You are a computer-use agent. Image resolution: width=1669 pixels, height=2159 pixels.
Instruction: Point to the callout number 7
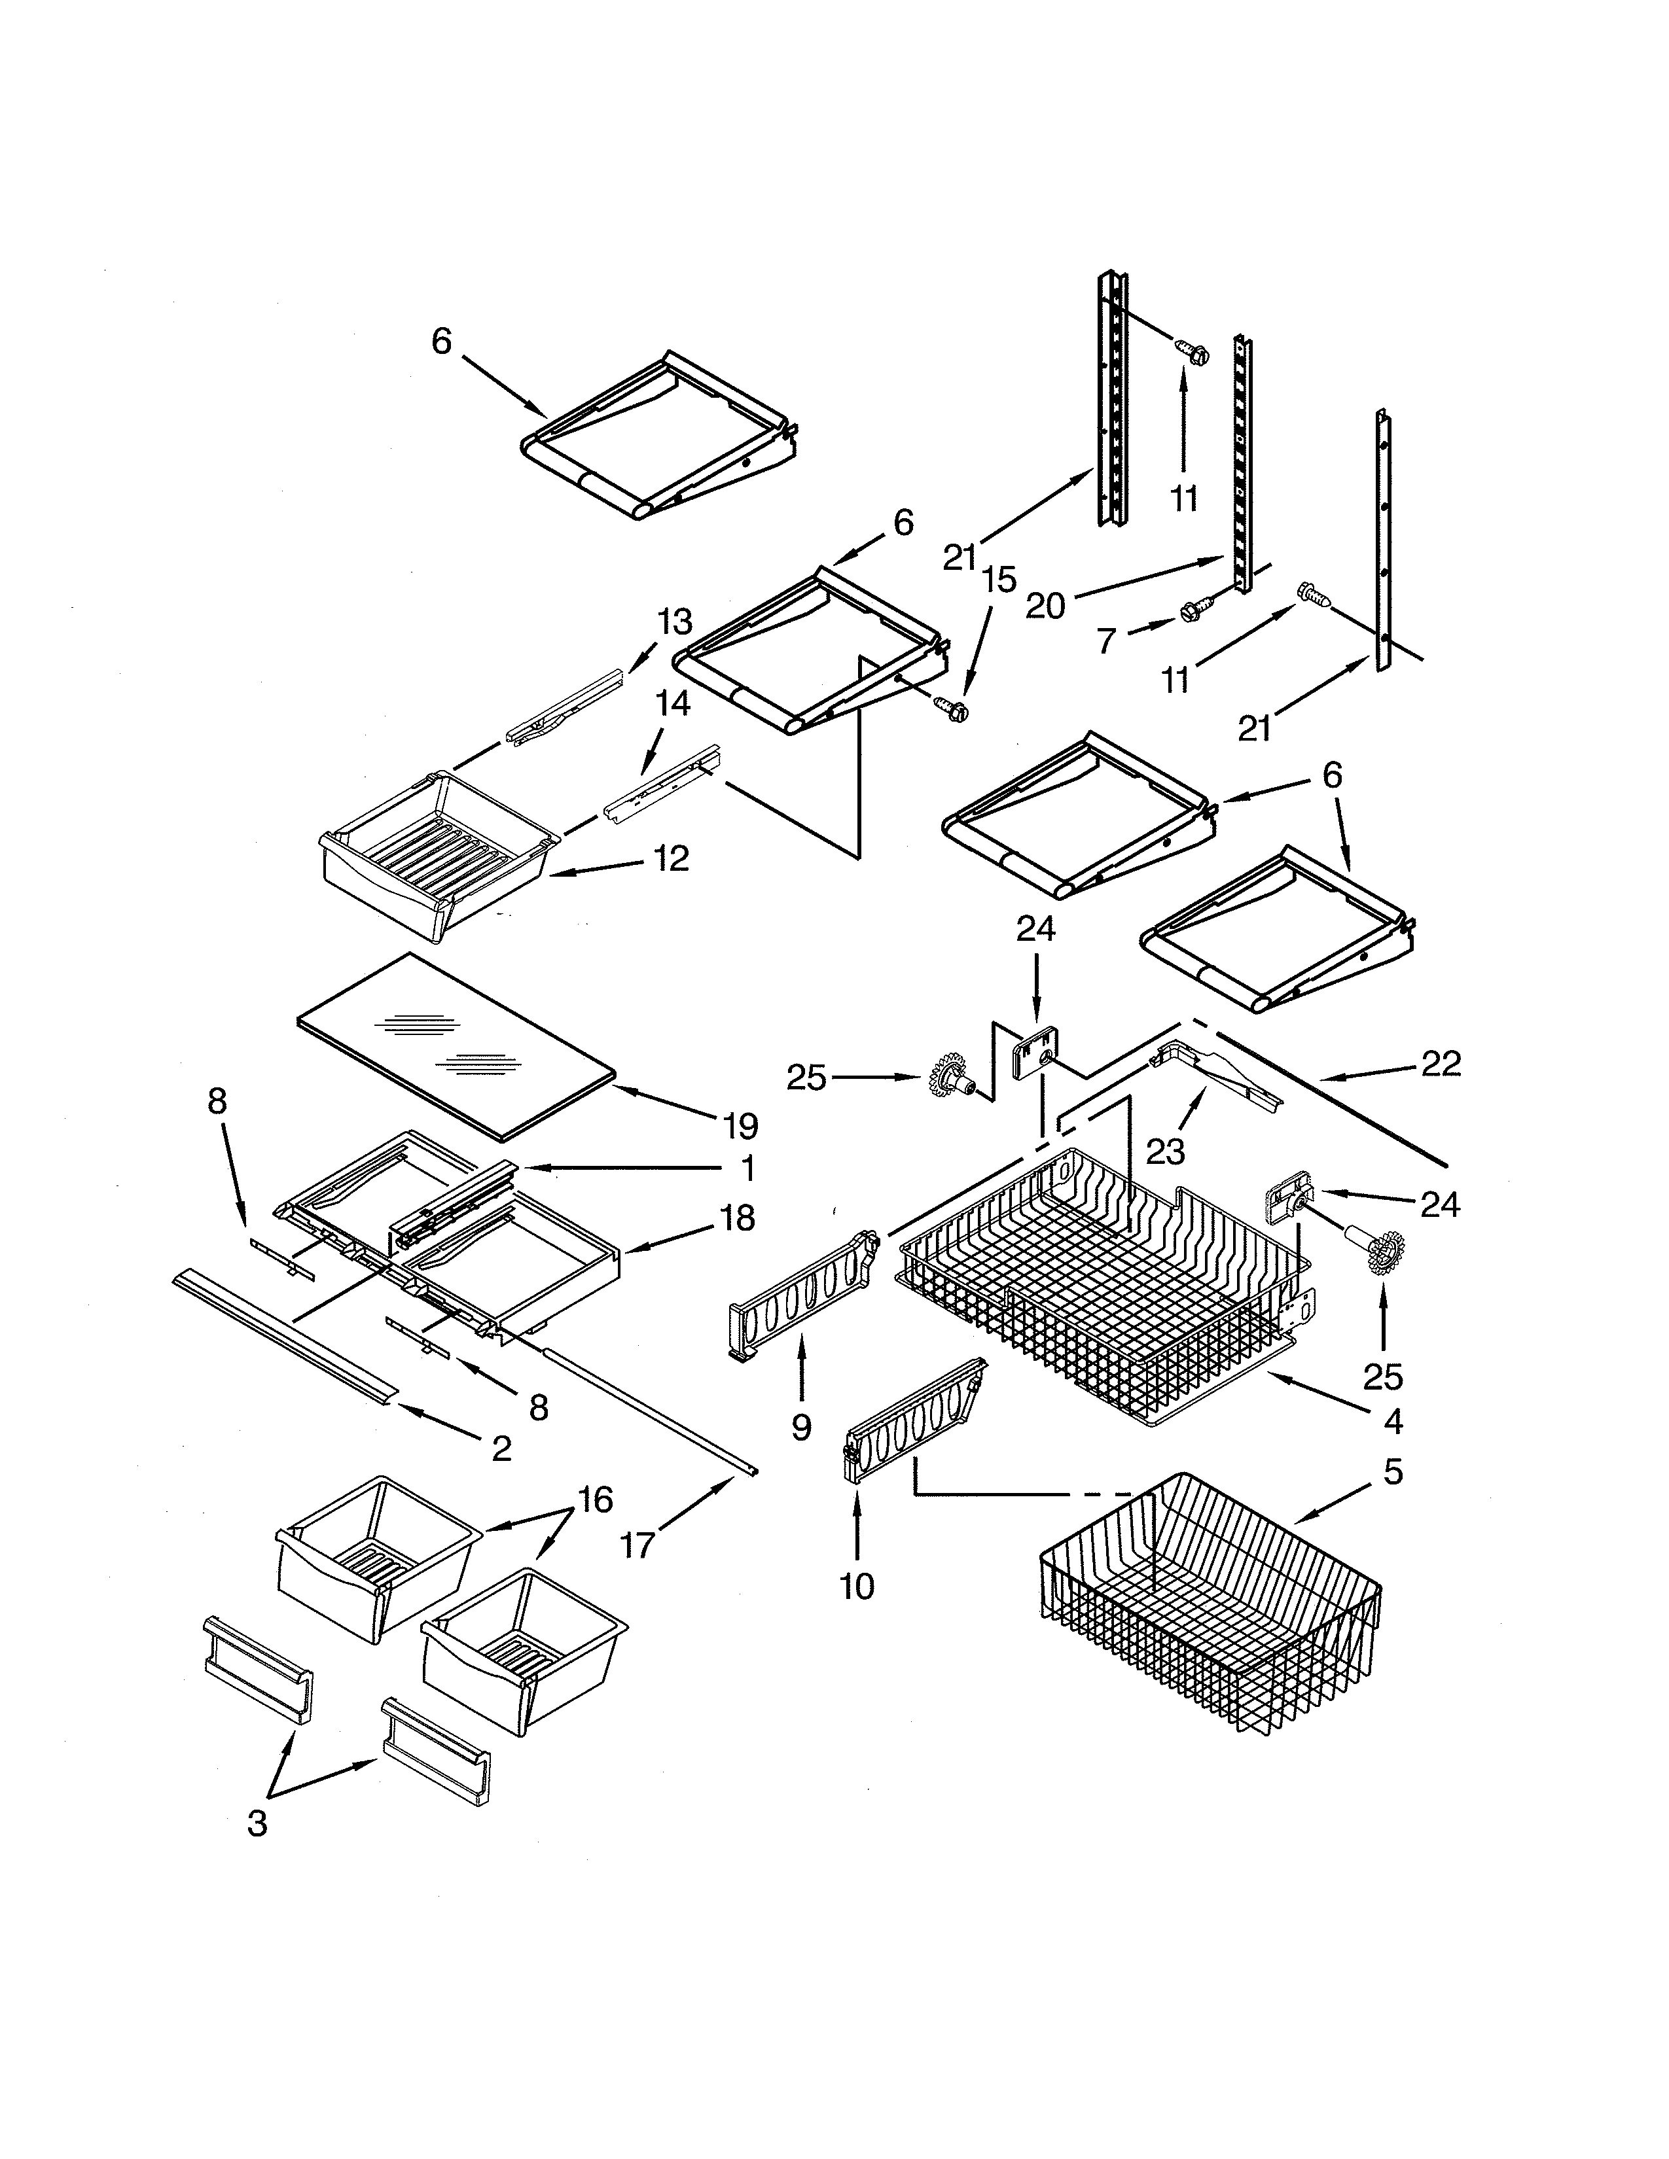pos(1106,642)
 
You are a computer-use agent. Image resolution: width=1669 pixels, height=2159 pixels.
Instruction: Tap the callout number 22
pos(1441,1064)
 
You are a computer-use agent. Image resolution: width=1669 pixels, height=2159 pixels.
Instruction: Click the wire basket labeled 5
pos(1211,1621)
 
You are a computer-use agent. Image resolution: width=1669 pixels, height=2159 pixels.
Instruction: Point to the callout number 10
pos(856,1587)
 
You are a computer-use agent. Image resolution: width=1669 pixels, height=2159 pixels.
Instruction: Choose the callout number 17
pos(637,1544)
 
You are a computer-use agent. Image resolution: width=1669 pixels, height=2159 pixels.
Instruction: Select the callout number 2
pos(501,1449)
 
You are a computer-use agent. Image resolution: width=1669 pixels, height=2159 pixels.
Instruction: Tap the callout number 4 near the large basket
pos(1392,1422)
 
